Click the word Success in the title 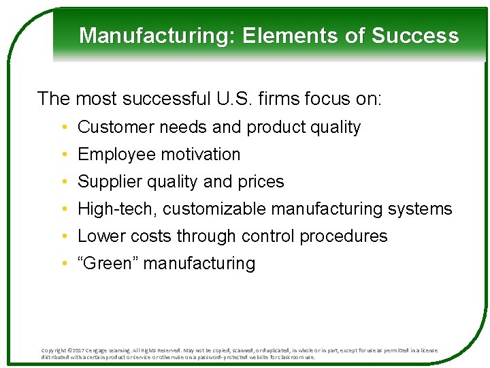421,35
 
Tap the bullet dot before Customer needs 63,127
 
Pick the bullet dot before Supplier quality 63,182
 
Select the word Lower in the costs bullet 99,236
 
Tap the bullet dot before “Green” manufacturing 63,264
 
